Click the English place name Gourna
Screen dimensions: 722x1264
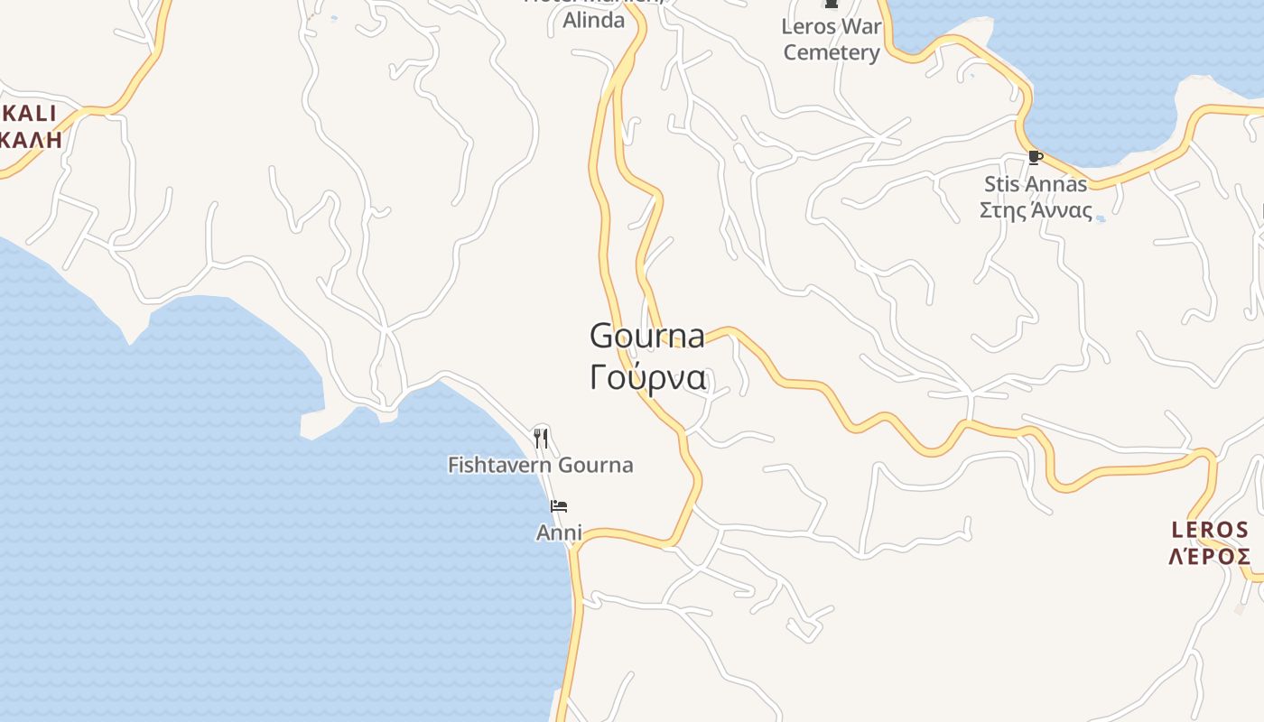[x=646, y=336]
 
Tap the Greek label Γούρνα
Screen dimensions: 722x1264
[x=646, y=377]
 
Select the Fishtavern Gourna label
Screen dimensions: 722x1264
[x=540, y=465]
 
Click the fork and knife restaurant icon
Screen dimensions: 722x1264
[x=541, y=439]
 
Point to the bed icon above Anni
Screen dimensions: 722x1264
[x=559, y=505]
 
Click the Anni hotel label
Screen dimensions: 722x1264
[x=559, y=532]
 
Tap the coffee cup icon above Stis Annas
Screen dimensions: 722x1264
[x=1035, y=158]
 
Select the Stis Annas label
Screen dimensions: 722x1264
[x=1035, y=184]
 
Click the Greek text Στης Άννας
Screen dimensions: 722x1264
[x=1035, y=210]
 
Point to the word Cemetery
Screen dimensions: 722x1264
[x=831, y=52]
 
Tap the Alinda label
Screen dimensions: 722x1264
[x=593, y=20]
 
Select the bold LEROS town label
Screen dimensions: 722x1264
[x=1210, y=530]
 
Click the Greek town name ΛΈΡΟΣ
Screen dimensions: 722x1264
[x=1210, y=556]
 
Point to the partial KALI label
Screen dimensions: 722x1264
[x=29, y=114]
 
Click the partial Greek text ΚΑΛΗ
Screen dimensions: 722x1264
[x=31, y=139]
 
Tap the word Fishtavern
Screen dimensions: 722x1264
[x=500, y=465]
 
